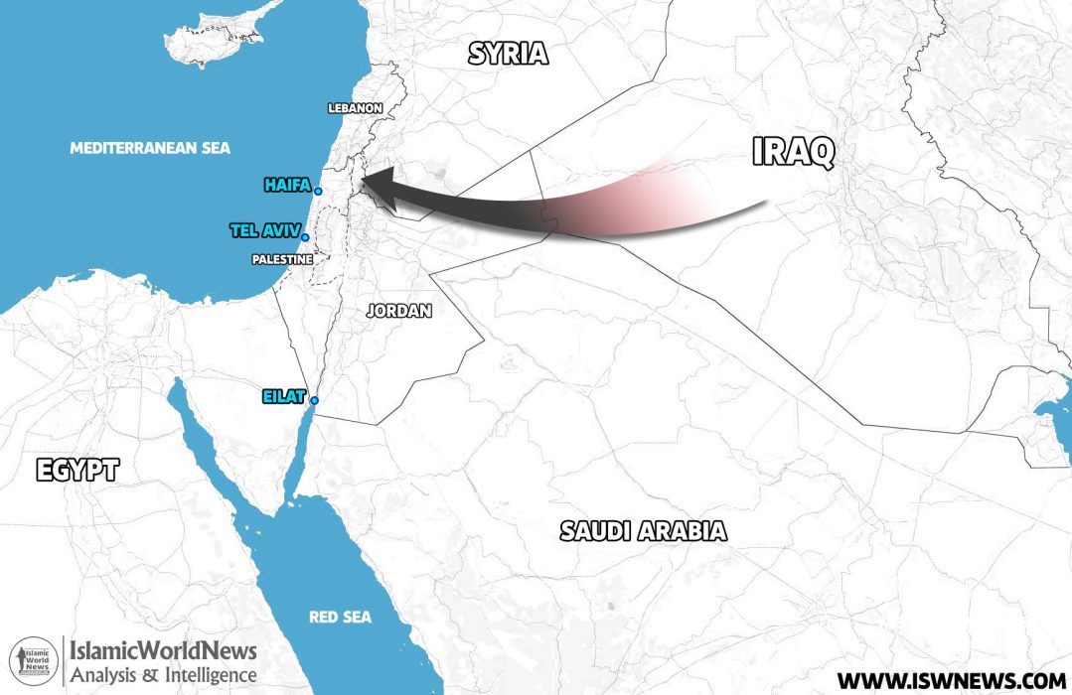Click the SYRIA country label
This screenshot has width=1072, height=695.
tap(508, 54)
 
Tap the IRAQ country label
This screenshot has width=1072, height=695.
tap(793, 152)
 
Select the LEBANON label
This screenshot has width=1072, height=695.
tap(355, 107)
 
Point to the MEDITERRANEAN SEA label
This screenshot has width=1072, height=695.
tap(150, 148)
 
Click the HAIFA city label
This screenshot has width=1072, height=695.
tap(287, 185)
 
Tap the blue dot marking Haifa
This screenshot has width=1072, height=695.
tap(318, 191)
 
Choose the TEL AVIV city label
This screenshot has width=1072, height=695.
tap(263, 230)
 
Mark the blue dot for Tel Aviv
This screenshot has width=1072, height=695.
tap(305, 237)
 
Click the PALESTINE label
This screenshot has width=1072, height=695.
tap(283, 259)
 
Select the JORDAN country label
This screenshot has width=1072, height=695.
tap(399, 311)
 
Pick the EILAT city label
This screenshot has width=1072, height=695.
tap(283, 396)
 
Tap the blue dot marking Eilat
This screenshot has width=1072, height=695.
tap(314, 400)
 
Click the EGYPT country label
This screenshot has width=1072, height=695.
tap(77, 470)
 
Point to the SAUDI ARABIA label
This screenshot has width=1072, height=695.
tap(643, 530)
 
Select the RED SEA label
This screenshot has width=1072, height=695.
tap(340, 618)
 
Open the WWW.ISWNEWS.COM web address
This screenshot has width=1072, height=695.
tap(950, 680)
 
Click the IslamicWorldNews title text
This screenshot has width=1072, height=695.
tap(162, 652)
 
